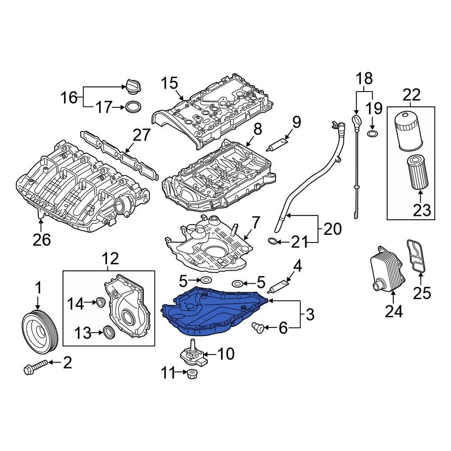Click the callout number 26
point(41,240)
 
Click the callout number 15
point(170,83)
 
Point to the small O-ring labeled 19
point(372,134)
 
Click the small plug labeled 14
point(101,302)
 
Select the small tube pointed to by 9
point(277,144)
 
